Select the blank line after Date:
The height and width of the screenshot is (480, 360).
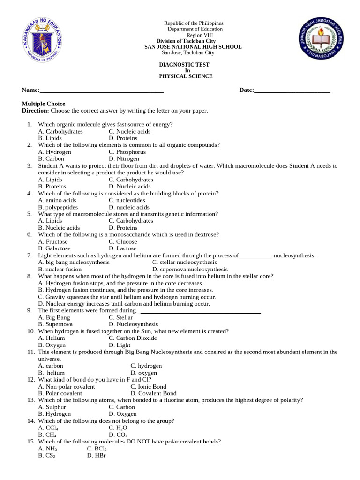coord(292,90)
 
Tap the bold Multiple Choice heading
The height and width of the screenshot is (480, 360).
coord(44,104)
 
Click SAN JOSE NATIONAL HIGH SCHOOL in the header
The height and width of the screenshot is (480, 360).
coord(193,47)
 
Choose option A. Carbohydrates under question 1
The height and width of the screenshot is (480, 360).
coord(60,132)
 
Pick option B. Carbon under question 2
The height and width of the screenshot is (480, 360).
coord(51,159)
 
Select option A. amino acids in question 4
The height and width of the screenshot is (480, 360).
coord(57,200)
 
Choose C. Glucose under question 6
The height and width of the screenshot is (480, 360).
coord(123,241)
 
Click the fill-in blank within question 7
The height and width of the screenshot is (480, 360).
coord(256,256)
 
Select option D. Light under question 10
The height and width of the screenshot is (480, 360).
coord(120,345)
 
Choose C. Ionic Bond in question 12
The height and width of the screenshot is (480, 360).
coord(148,387)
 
